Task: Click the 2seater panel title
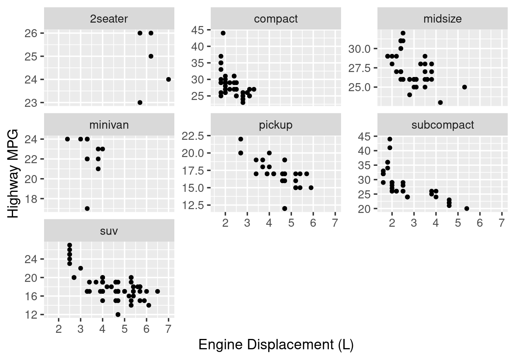109,19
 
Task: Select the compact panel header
276,19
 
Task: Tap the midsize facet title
443,19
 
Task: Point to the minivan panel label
109,125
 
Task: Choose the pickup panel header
276,125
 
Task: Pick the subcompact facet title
443,125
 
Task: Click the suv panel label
109,231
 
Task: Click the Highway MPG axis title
13,173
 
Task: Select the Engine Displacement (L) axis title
276,345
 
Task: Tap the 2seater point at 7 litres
169,79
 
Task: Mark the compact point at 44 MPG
223,33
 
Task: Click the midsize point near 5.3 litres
464,87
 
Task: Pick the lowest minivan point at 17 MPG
87,208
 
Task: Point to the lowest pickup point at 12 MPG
284,208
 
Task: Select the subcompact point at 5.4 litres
467,208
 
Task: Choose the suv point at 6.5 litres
157,291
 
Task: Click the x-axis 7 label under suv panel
169,329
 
